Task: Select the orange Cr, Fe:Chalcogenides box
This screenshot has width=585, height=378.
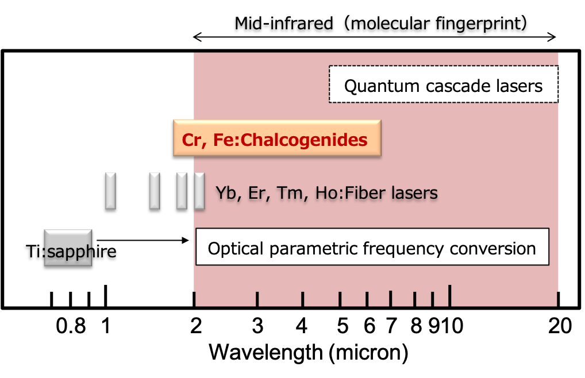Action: pyautogui.click(x=277, y=137)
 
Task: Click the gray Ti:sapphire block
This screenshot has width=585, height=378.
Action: pyautogui.click(x=68, y=248)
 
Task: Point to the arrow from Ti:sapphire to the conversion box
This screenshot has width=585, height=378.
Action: pyautogui.click(x=143, y=241)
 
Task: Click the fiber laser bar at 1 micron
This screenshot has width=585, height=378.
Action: pyautogui.click(x=110, y=191)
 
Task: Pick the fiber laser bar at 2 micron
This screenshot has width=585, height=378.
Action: pyautogui.click(x=199, y=191)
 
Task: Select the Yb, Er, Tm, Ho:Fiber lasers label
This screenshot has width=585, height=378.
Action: pyautogui.click(x=327, y=193)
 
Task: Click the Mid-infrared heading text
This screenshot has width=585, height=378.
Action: pyautogui.click(x=380, y=23)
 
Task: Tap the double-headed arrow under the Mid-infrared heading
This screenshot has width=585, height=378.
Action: pyautogui.click(x=374, y=37)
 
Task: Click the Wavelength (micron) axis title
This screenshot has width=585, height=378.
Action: pyautogui.click(x=308, y=352)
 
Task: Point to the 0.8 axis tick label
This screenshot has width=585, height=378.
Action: pyautogui.click(x=71, y=326)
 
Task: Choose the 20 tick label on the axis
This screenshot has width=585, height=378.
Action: pyautogui.click(x=560, y=326)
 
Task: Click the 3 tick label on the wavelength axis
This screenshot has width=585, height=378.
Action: pyautogui.click(x=257, y=326)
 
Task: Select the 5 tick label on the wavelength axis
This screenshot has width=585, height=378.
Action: pyautogui.click(x=342, y=326)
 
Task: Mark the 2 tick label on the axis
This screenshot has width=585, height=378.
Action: pyautogui.click(x=196, y=326)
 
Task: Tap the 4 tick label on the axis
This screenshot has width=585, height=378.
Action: pyautogui.click(x=302, y=326)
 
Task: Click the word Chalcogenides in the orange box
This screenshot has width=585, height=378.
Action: pyautogui.click(x=304, y=140)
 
